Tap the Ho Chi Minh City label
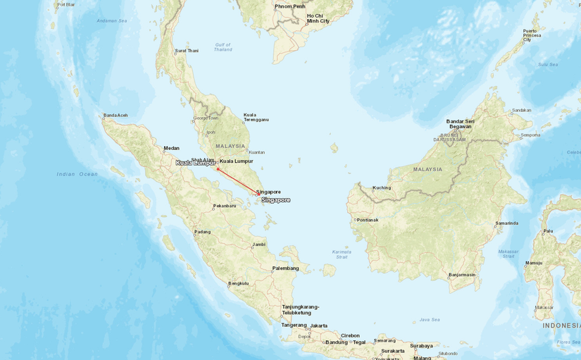point(318,18)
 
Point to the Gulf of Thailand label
point(223,47)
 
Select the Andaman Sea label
point(112,20)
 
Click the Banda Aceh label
point(115,116)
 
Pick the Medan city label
point(172,148)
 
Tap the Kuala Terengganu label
point(256,117)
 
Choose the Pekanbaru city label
point(225,206)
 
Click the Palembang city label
point(286,268)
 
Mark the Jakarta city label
point(319,325)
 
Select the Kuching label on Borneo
point(382,187)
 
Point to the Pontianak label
point(368,220)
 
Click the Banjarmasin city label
point(462,275)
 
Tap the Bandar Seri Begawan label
point(465,124)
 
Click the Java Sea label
point(430,319)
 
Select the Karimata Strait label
point(342,254)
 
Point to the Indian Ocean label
point(77,174)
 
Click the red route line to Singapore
point(238,181)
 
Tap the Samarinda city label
point(507,223)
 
